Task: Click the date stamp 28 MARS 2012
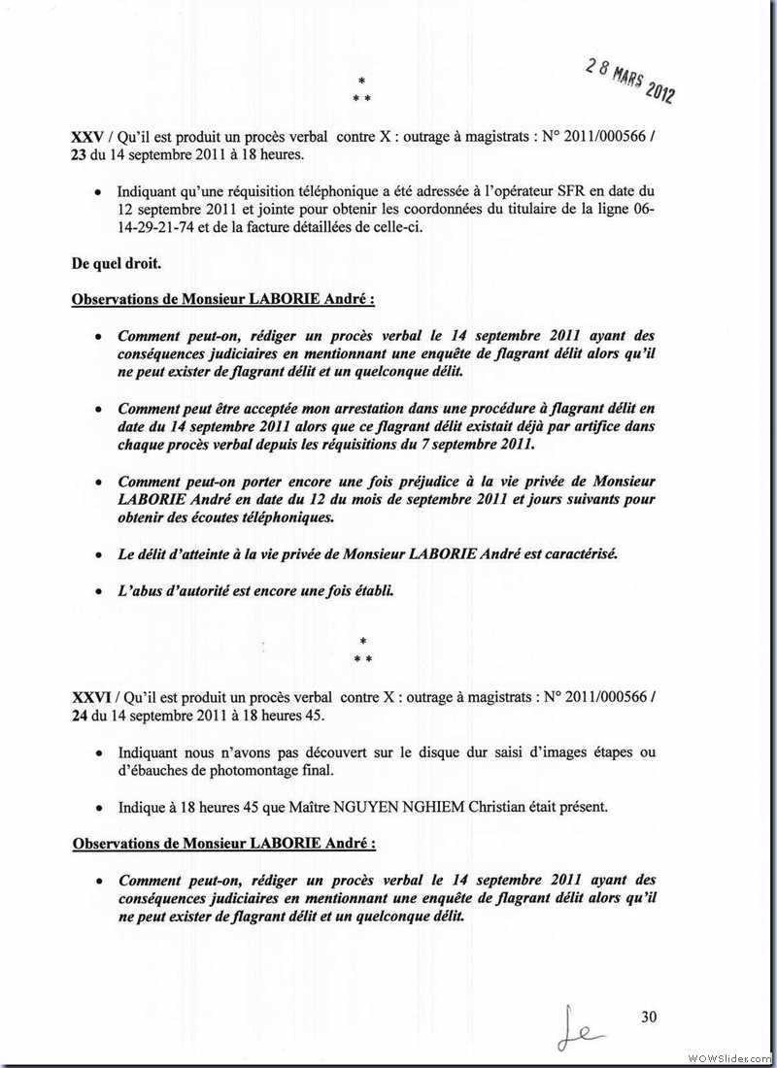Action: tap(630, 80)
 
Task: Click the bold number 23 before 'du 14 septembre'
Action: tap(81, 155)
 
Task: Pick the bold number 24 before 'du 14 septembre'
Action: tap(81, 716)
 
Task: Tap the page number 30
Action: tap(650, 1017)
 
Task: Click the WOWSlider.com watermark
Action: tap(729, 1056)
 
